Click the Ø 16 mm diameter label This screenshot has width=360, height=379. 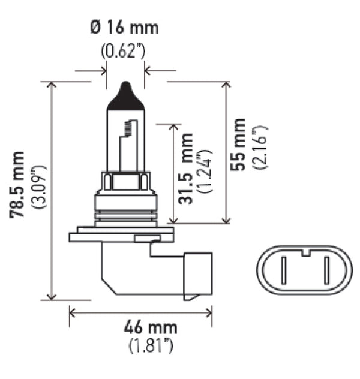[x=124, y=28]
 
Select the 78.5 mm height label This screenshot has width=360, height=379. [x=20, y=185]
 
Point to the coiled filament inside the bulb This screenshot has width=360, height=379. [x=127, y=127]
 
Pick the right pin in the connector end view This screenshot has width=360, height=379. [x=327, y=271]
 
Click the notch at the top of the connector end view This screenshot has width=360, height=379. [x=305, y=252]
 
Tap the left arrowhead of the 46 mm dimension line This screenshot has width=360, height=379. [x=72, y=312]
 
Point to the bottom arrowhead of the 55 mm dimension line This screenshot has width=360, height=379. [x=227, y=221]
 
